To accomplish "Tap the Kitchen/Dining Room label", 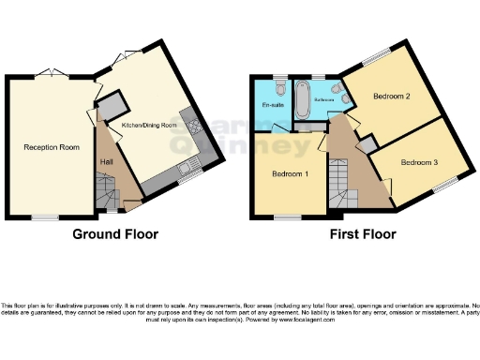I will pyautogui.click(x=147, y=125).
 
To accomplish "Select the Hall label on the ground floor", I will pyautogui.click(x=108, y=162).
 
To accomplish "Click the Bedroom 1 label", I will pyautogui.click(x=291, y=174).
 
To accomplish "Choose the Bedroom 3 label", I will pyautogui.click(x=419, y=162).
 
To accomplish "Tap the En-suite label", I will pyautogui.click(x=272, y=105).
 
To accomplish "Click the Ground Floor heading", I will pyautogui.click(x=115, y=234).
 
